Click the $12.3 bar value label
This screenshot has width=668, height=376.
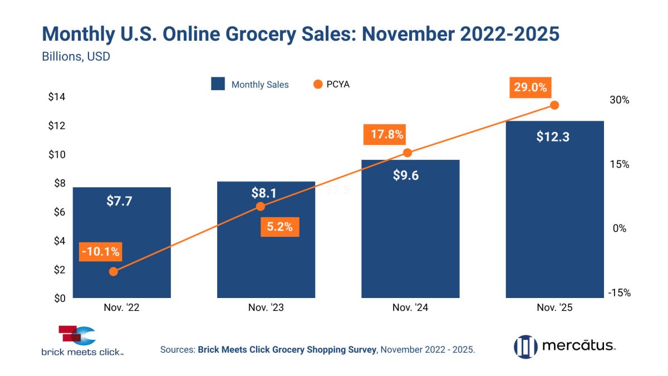tap(553, 137)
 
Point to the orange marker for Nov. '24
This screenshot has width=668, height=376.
tap(407, 153)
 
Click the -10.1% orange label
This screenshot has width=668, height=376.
tap(100, 251)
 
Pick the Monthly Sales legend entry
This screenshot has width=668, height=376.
tap(250, 85)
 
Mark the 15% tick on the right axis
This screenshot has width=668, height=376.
tap(618, 164)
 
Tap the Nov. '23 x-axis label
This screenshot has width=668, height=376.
tap(266, 307)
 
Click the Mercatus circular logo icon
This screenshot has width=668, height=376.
tap(525, 346)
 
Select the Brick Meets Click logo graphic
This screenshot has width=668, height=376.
tap(77, 336)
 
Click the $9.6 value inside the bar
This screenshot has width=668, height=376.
tap(406, 176)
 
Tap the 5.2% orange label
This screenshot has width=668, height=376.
tap(279, 227)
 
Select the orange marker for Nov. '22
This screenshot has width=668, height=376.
tap(114, 271)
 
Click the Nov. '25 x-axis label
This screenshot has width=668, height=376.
tap(554, 307)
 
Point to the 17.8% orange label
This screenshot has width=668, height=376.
tap(384, 135)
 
